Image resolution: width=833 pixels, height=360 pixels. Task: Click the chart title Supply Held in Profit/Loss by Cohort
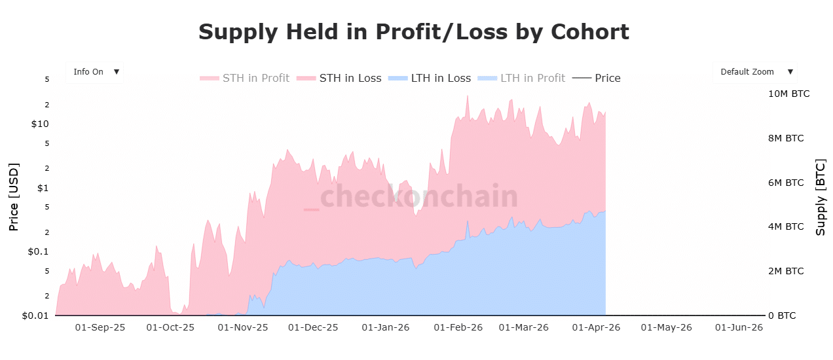(413, 31)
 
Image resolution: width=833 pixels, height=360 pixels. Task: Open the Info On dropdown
(95, 72)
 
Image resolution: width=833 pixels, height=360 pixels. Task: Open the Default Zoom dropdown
(754, 72)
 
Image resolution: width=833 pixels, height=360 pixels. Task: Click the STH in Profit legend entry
(245, 78)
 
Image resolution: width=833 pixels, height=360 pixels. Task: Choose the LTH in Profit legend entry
(522, 78)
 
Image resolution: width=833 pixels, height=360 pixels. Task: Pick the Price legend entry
(597, 78)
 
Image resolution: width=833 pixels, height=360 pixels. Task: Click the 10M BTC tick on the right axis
(788, 94)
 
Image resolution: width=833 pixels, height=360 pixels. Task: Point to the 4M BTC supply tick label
(786, 227)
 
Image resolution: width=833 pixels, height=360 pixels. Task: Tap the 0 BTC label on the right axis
(782, 315)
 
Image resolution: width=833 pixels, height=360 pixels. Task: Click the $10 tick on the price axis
(40, 124)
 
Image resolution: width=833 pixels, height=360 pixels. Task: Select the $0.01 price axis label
(36, 316)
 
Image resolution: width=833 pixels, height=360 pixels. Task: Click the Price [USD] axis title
(14, 197)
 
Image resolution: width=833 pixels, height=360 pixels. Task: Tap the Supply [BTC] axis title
(821, 197)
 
